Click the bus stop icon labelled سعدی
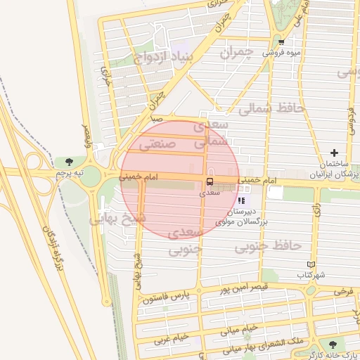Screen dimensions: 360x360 pos(209,182)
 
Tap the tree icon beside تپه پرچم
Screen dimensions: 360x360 pos(67,162)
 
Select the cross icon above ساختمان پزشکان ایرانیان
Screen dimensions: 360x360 pos(334,153)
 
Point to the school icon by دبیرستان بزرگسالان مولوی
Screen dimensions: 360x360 pos(242,201)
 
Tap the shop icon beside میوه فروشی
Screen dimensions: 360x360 pos(281,42)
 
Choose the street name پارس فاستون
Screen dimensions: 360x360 pos(167,297)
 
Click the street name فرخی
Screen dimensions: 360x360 pos(344,290)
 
